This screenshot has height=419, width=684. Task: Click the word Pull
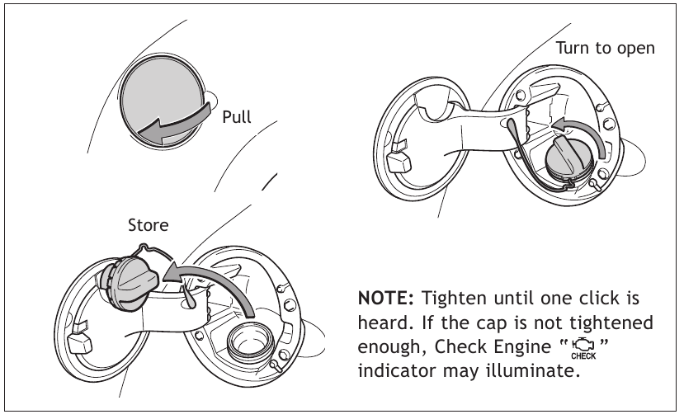point(237,117)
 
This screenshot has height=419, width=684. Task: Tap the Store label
point(148,224)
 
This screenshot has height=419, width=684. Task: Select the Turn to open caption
point(605,48)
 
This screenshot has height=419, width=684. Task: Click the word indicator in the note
point(393,370)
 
